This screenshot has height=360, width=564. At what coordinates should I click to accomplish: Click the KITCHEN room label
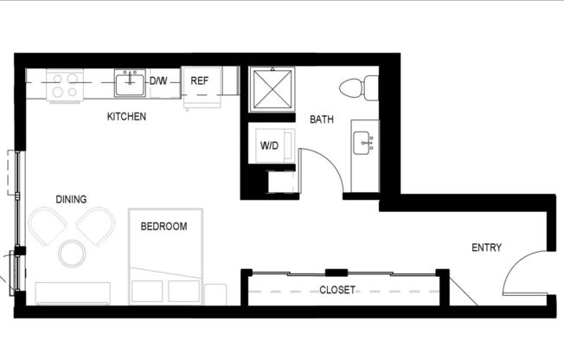126,116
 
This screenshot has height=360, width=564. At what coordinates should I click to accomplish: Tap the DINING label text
71,199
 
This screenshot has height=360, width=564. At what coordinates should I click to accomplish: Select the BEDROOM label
164,227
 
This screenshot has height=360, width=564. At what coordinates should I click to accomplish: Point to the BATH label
322,119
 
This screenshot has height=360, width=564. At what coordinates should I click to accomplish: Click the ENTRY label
486,247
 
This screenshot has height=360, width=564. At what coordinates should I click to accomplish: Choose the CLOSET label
337,290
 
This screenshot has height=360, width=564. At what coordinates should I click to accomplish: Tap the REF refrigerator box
200,81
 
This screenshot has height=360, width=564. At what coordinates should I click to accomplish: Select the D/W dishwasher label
158,81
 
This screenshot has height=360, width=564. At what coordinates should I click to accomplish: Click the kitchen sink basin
131,84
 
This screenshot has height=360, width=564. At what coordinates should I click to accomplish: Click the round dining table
72,254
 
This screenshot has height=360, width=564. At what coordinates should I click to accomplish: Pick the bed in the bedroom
167,255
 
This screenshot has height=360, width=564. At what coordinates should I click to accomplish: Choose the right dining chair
96,226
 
